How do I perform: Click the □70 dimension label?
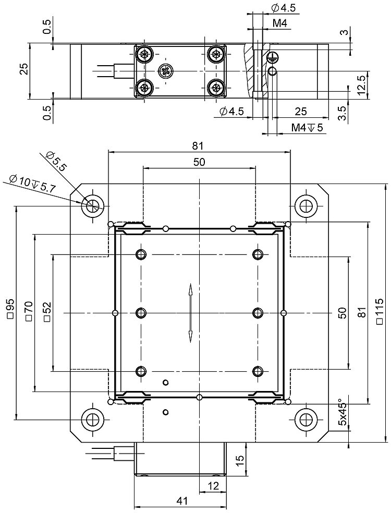[x=28, y=311]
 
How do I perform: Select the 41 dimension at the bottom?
[x=181, y=501]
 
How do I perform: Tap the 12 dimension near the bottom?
[x=213, y=486]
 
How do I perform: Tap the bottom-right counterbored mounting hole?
[x=306, y=419]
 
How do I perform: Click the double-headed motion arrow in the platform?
[x=191, y=313]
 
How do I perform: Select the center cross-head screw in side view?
[x=166, y=71]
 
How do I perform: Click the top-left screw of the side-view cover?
[x=143, y=54]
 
